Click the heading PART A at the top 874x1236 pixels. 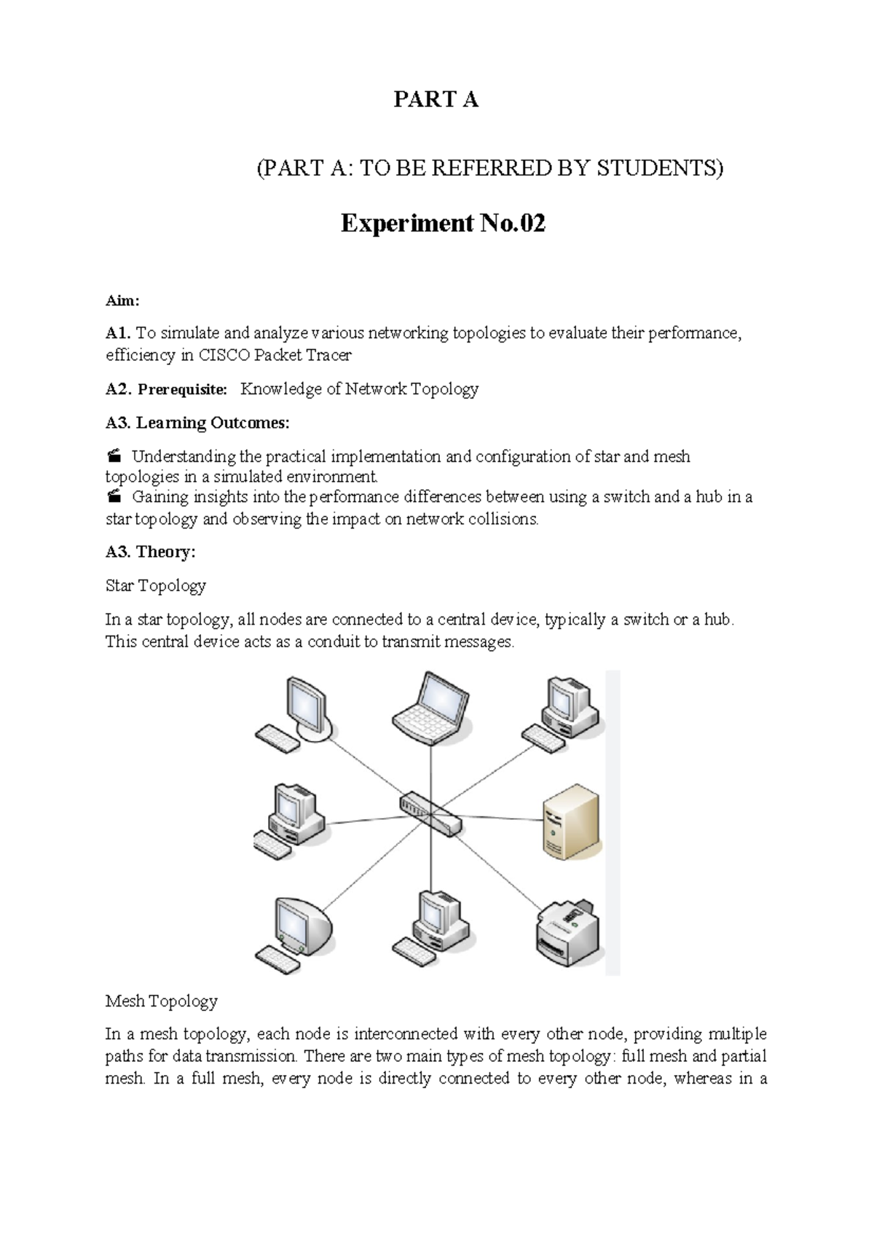pyautogui.click(x=436, y=100)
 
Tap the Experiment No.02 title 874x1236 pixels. pyautogui.click(x=443, y=223)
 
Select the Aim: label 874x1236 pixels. pyautogui.click(x=122, y=301)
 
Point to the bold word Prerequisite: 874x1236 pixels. pyautogui.click(x=183, y=390)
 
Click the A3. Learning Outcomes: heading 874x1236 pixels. pyautogui.click(x=197, y=423)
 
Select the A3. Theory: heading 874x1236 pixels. pyautogui.click(x=151, y=552)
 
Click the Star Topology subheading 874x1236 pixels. pyautogui.click(x=156, y=586)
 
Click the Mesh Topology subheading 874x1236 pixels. pyautogui.click(x=162, y=1001)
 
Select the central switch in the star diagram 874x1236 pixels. pyautogui.click(x=430, y=813)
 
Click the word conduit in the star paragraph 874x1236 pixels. pyautogui.click(x=339, y=643)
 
